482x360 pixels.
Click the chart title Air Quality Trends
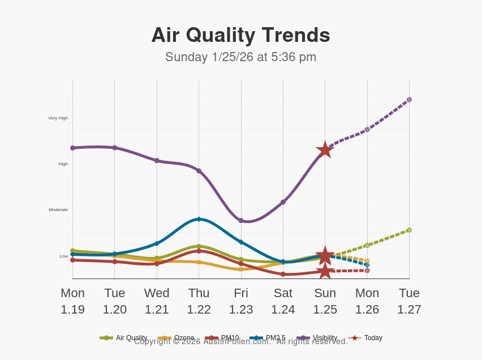tap(240, 35)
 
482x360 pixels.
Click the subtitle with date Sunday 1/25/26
tap(240, 57)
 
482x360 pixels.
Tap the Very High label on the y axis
tap(58, 118)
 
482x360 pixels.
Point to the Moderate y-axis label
tap(58, 210)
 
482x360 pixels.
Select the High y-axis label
tap(63, 164)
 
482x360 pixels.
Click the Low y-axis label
tap(64, 256)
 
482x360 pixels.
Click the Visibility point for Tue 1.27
tap(409, 100)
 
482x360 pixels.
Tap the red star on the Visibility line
tap(325, 150)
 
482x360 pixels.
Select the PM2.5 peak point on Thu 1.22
tap(199, 219)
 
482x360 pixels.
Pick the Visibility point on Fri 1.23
tap(241, 220)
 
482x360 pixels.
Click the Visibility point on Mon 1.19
tap(72, 148)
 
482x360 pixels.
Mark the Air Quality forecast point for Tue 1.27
tap(409, 230)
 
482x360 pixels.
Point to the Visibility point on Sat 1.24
tap(283, 202)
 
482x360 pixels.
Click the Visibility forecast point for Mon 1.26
tap(367, 130)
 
